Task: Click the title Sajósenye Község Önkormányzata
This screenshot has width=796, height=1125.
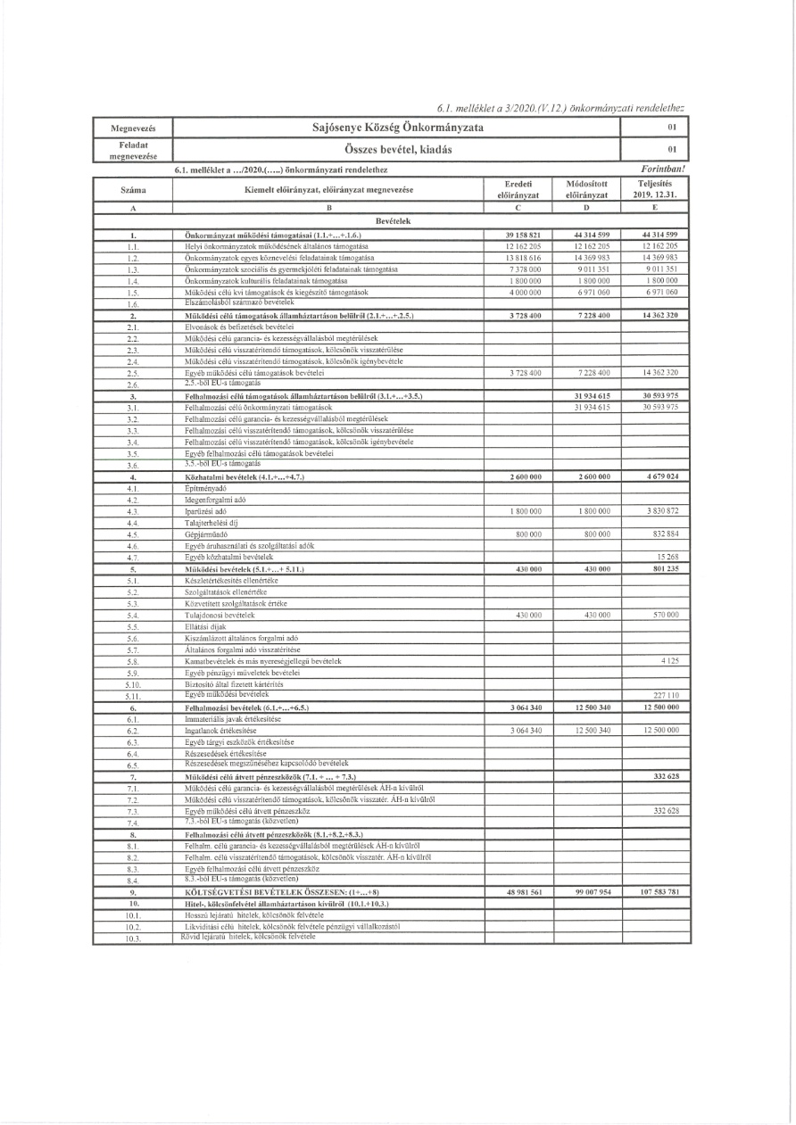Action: (x=398, y=128)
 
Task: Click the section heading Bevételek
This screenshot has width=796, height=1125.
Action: (x=398, y=219)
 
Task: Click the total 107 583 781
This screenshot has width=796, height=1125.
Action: (x=659, y=893)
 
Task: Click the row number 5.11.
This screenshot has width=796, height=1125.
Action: (x=133, y=695)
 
